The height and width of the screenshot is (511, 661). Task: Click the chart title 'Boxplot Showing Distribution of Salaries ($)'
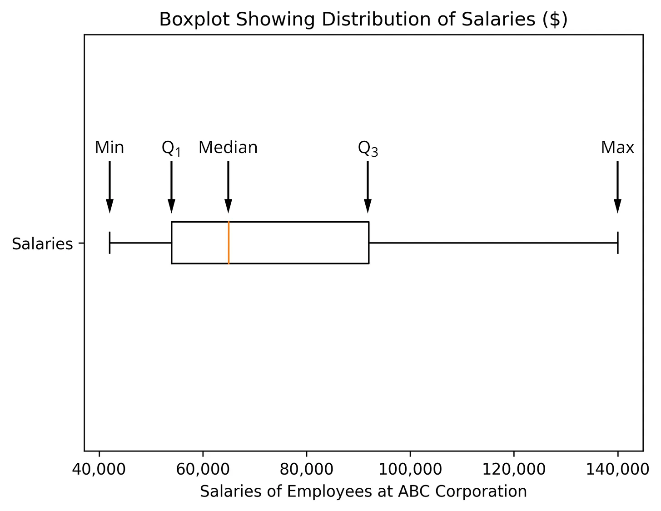tap(363, 20)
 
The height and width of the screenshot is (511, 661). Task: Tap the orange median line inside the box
tap(229, 243)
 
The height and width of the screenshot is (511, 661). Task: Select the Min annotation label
tap(109, 148)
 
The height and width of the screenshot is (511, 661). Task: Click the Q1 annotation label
tap(171, 149)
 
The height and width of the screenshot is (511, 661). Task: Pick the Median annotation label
tap(228, 148)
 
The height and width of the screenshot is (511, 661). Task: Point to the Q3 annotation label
tap(368, 149)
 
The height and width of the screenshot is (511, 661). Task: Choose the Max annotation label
tap(617, 148)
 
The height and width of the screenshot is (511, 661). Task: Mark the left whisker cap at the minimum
tap(110, 243)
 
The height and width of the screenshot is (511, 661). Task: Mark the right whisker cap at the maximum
tap(618, 243)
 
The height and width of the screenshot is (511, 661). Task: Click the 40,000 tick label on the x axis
tap(99, 469)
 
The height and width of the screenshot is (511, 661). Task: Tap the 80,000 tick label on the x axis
tap(306, 469)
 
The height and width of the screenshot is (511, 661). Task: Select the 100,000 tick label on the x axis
tap(410, 469)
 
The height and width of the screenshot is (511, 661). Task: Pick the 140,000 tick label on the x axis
tap(617, 469)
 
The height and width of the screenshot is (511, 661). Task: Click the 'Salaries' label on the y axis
tap(42, 244)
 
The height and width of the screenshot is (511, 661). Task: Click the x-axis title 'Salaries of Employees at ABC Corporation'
tap(363, 491)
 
